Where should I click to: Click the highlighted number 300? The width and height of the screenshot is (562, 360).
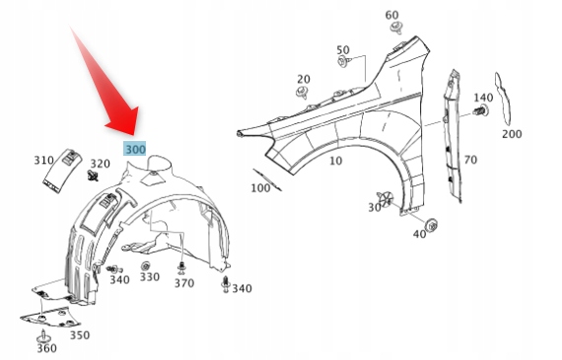tap(135, 149)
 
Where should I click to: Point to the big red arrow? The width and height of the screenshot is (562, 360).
tap(107, 86)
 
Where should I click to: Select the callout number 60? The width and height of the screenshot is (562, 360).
tap(391, 15)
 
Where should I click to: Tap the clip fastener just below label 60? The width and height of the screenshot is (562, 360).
tap(396, 28)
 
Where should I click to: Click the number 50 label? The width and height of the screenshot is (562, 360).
tap(343, 50)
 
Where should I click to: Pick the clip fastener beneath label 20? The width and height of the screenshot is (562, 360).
tap(303, 92)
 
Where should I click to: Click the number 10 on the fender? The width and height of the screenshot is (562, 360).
tap(335, 161)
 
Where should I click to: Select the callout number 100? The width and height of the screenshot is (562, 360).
tap(260, 187)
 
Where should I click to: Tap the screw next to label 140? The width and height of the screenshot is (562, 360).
tap(480, 110)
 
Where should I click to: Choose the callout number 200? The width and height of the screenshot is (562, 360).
tap(512, 134)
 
